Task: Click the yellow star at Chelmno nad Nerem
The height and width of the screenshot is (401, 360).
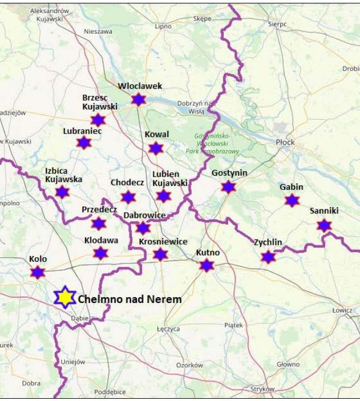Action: point(65,297)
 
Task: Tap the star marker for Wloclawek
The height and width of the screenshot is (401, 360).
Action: point(139,100)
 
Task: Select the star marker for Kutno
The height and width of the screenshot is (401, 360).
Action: point(207,265)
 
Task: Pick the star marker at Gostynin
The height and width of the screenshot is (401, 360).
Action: point(229,187)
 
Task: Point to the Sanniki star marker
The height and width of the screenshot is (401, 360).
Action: point(324,225)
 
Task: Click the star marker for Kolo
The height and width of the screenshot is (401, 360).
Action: point(38,272)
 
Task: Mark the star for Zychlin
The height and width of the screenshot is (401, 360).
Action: point(268,257)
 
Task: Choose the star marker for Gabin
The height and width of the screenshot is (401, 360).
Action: point(292,200)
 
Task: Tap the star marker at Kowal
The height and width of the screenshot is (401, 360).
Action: point(156,148)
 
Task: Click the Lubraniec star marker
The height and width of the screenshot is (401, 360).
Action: point(84,143)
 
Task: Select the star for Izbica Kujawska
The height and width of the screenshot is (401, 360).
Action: point(62,192)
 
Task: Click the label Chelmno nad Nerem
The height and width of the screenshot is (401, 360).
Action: point(130,299)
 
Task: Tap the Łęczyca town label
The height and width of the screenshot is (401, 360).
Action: point(168,329)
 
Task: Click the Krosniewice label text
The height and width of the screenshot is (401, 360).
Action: point(163,242)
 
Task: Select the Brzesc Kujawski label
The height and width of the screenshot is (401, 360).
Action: point(99,102)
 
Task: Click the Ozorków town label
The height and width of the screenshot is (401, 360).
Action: point(189,364)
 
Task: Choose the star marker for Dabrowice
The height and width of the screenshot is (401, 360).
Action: point(143,228)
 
